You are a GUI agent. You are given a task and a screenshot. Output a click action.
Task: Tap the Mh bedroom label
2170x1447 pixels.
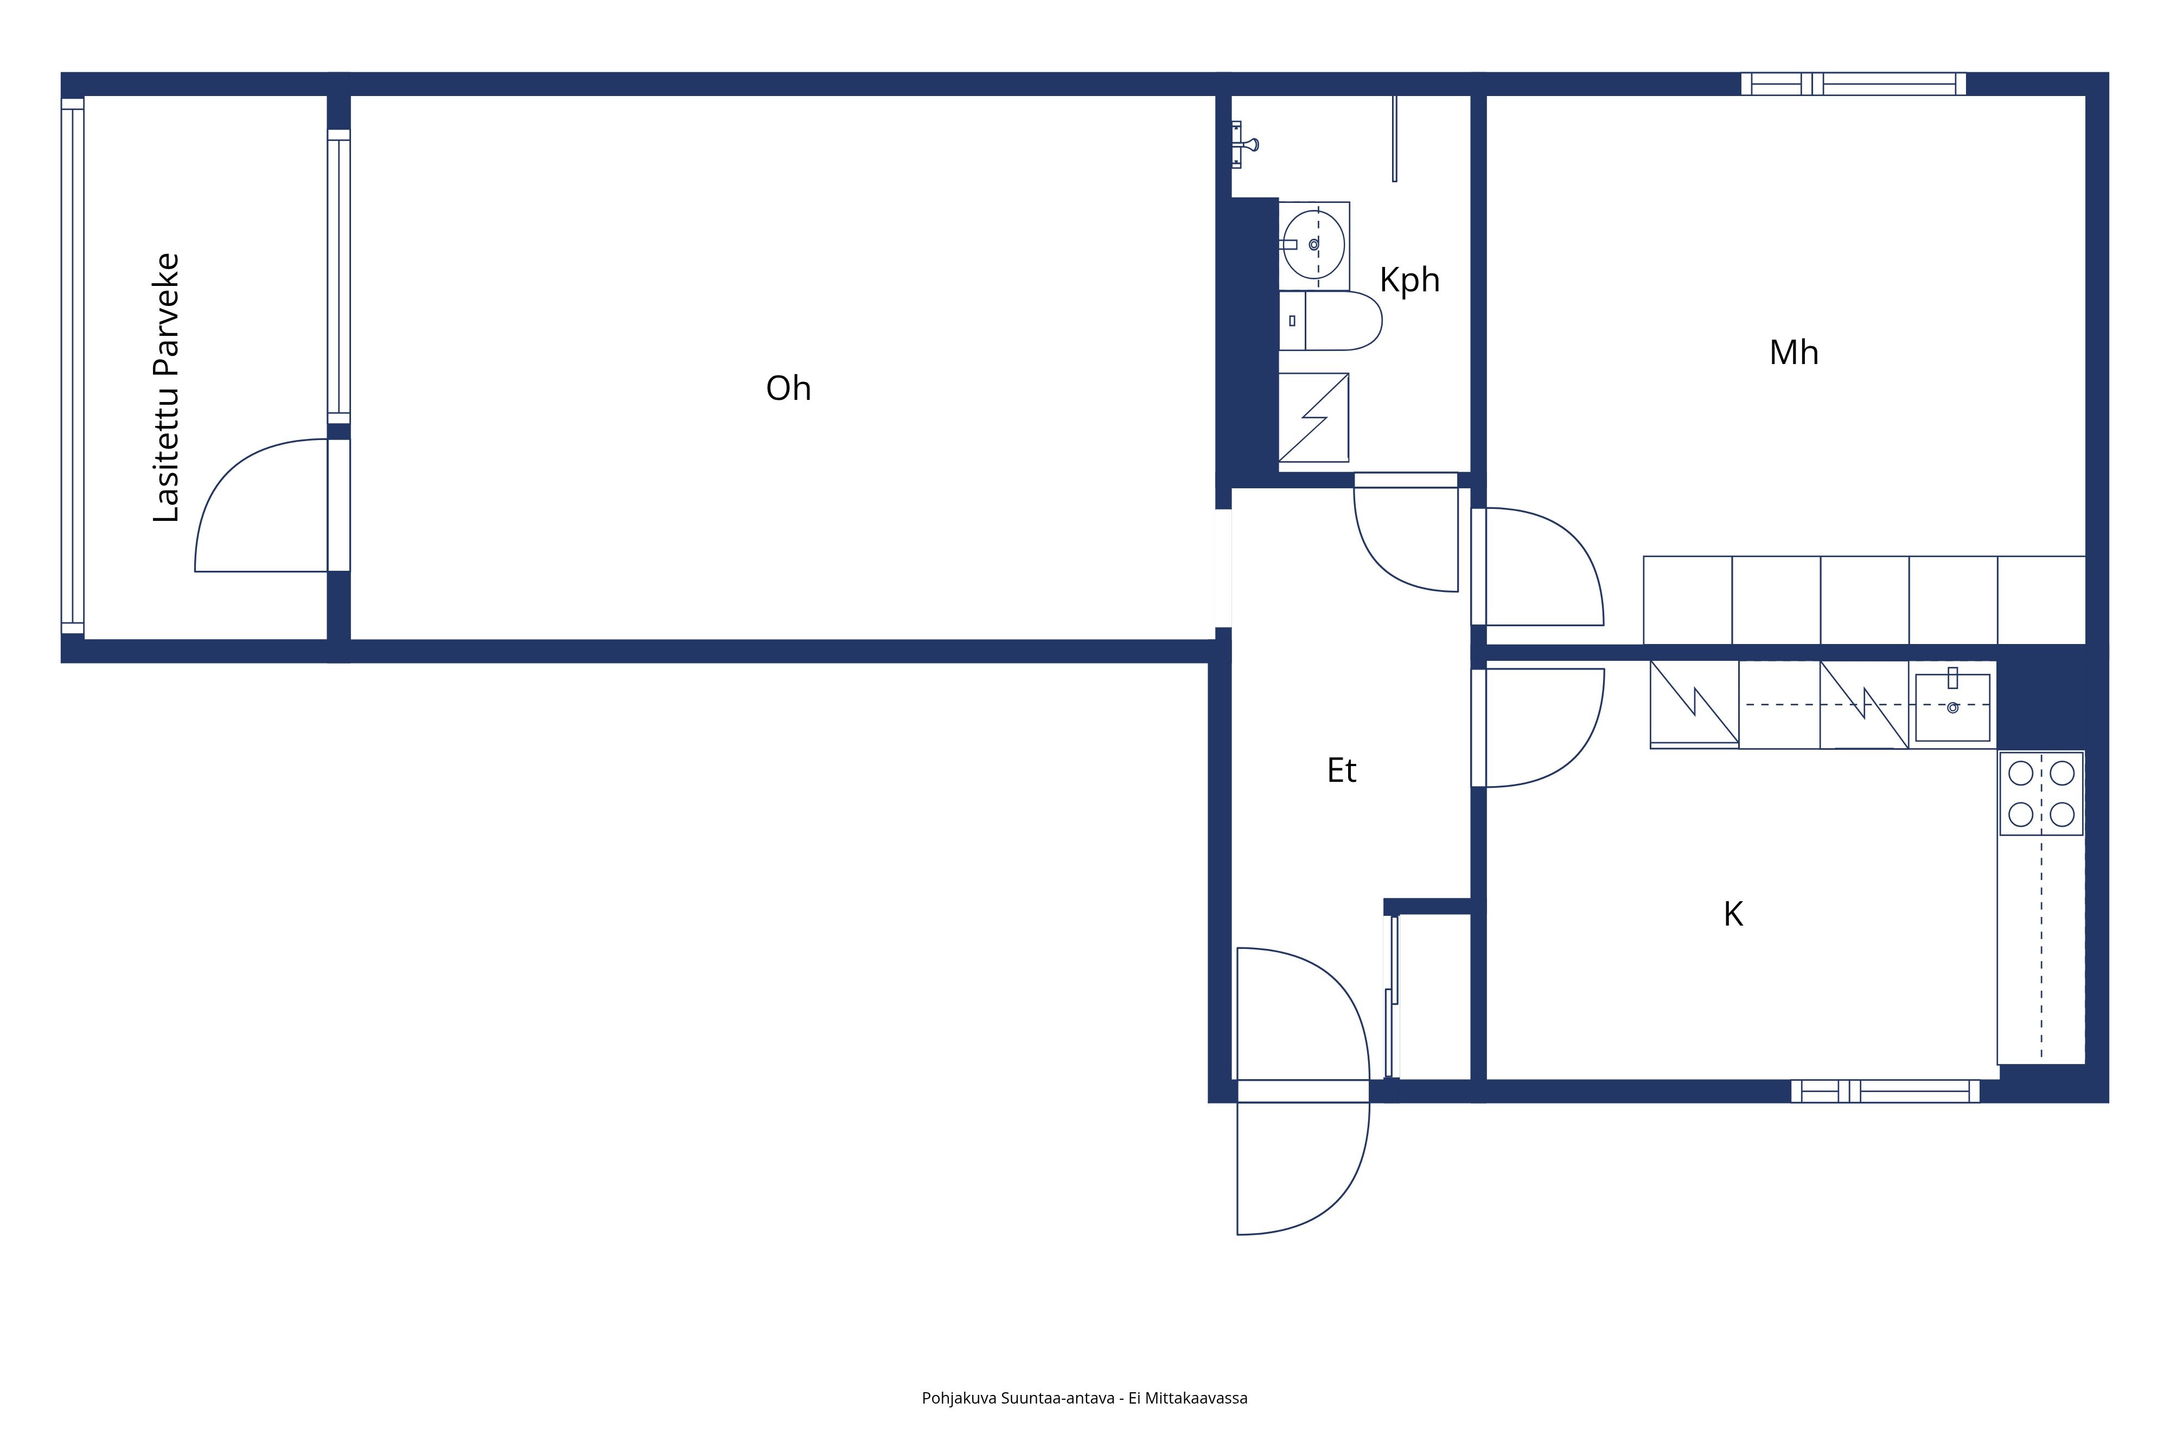[1794, 353]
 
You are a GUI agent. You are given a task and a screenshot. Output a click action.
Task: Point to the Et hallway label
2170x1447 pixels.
[1342, 770]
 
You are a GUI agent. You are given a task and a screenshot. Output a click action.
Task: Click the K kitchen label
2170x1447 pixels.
[1734, 915]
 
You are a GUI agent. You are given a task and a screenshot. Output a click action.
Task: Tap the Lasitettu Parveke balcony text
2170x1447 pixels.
[166, 387]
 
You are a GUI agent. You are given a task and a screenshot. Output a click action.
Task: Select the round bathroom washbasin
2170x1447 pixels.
[1314, 245]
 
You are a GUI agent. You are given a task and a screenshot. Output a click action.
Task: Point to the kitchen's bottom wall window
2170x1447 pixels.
[1885, 1091]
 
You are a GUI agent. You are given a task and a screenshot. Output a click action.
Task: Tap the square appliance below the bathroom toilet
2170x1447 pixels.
[1314, 417]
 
